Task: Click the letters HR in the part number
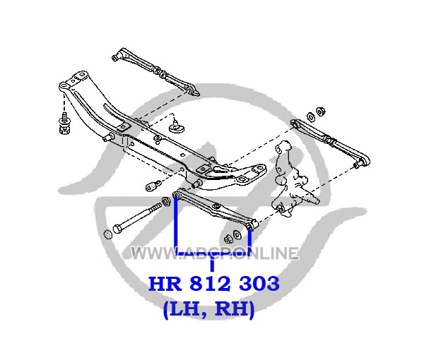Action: point(165,284)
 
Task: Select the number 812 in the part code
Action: point(211,284)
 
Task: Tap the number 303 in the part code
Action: point(259,284)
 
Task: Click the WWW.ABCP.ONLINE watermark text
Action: point(215,253)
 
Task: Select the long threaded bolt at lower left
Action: point(137,218)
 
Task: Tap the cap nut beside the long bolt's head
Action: point(108,234)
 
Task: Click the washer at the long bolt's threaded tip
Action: point(165,200)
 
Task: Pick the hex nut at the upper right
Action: point(321,110)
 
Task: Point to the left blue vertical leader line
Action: point(176,225)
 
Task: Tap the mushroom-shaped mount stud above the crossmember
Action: point(177,126)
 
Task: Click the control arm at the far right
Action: point(331,143)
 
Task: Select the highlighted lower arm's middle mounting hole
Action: point(216,206)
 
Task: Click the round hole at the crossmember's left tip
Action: point(64,86)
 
